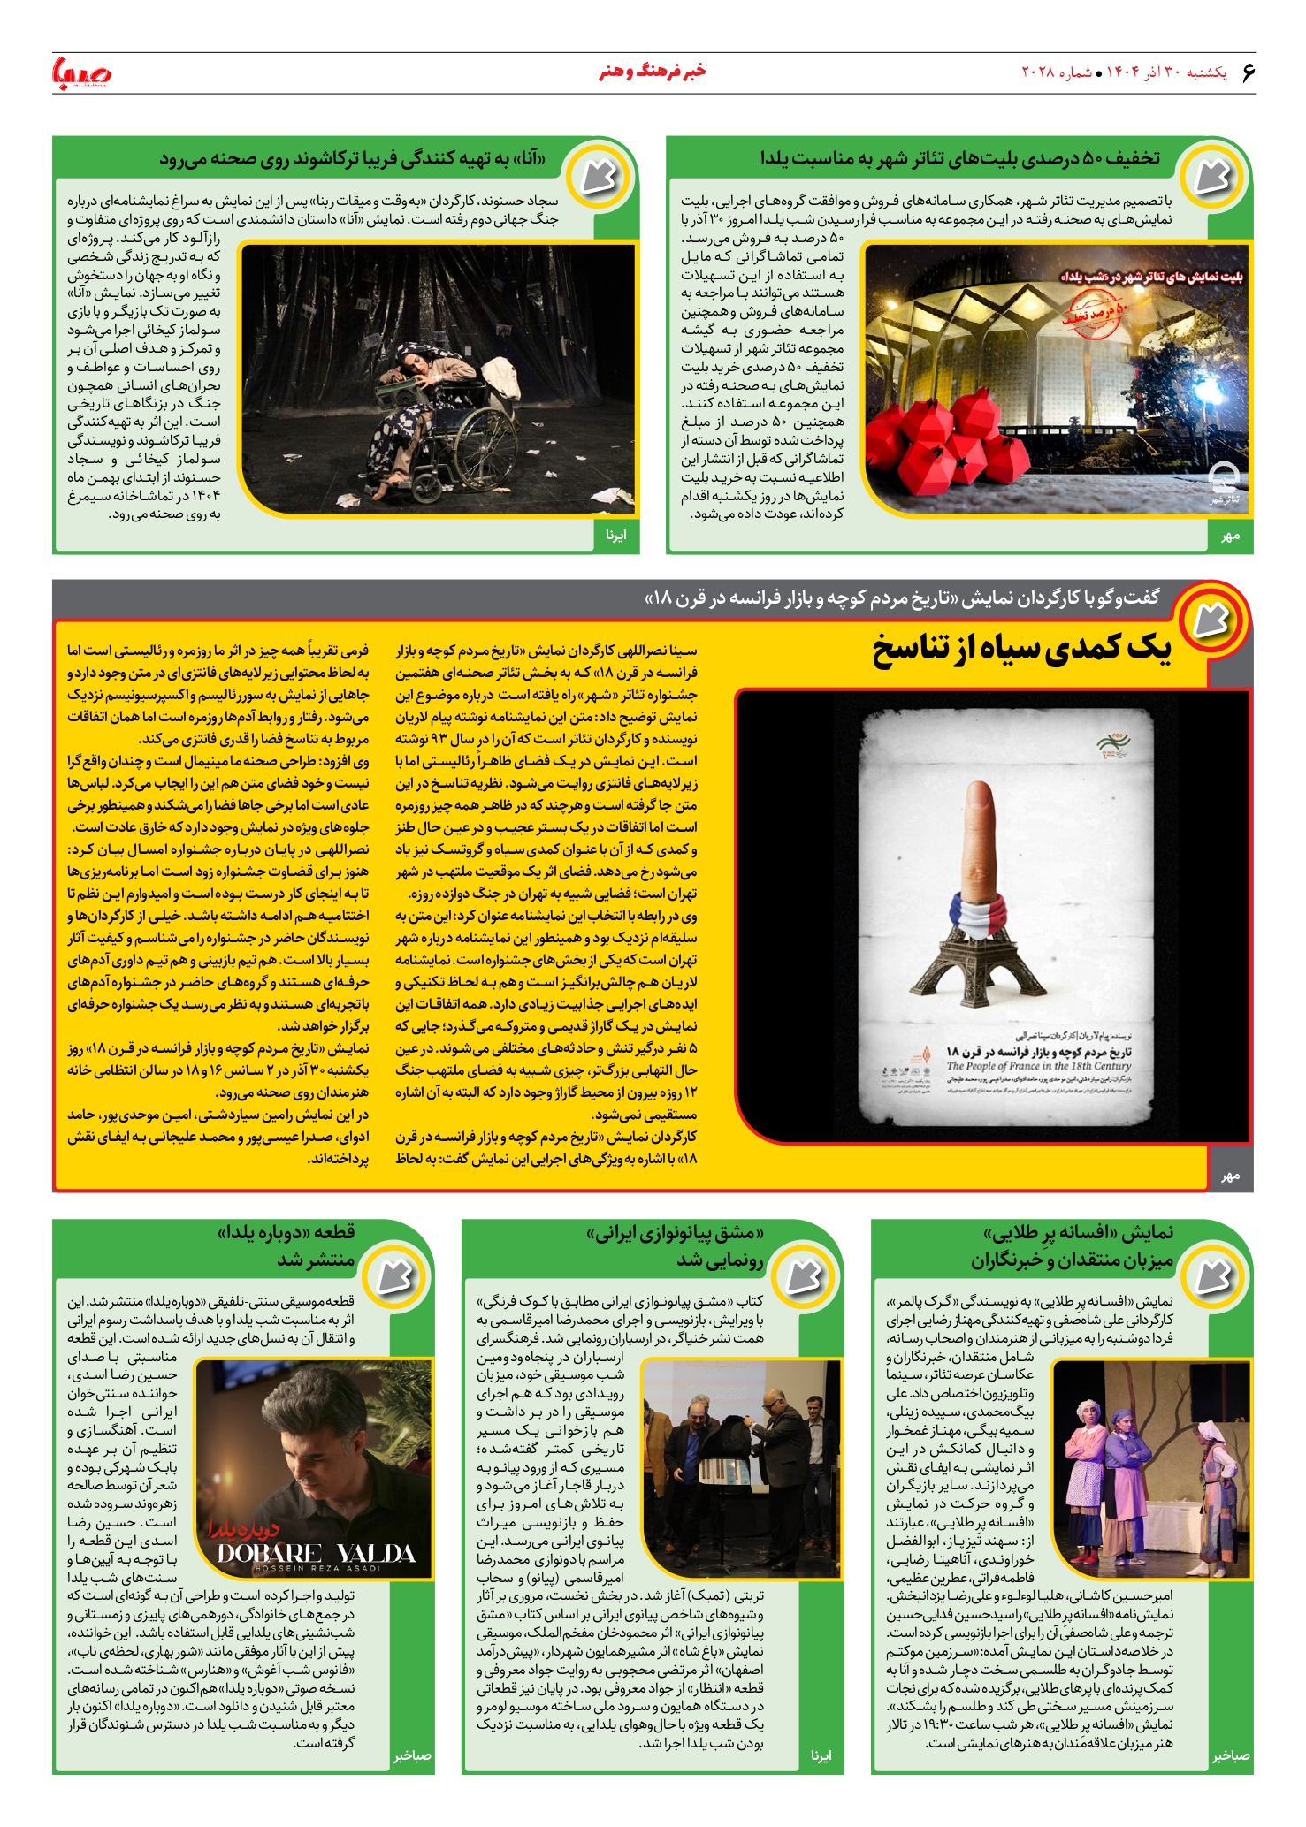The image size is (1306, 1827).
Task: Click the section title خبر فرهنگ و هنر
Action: point(653,72)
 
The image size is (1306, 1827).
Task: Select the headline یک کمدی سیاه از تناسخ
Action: point(1021,650)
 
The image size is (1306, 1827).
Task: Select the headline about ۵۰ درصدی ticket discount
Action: point(959,159)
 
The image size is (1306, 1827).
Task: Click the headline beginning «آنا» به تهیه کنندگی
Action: point(352,159)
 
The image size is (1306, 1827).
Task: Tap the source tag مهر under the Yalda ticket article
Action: point(1230,537)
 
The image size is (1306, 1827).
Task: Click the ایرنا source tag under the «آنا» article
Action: point(616,536)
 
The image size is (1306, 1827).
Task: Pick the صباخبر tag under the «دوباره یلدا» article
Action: point(412,1755)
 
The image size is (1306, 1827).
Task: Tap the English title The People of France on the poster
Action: point(1039,1066)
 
